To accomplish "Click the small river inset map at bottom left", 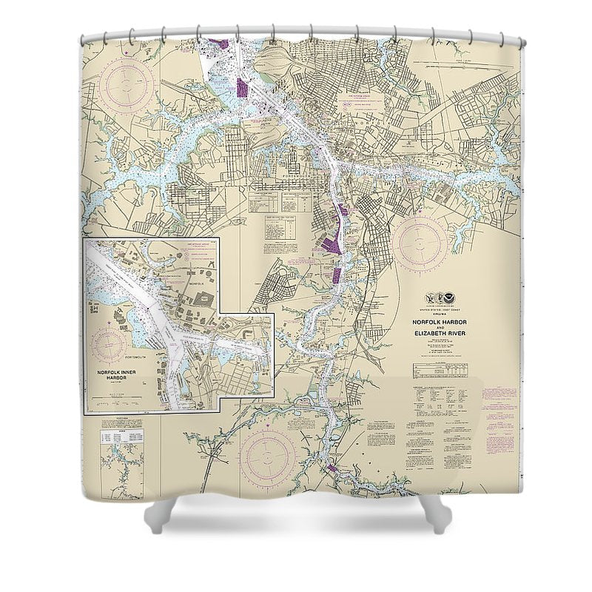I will point(122,462).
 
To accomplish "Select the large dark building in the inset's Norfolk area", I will point(204,299).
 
